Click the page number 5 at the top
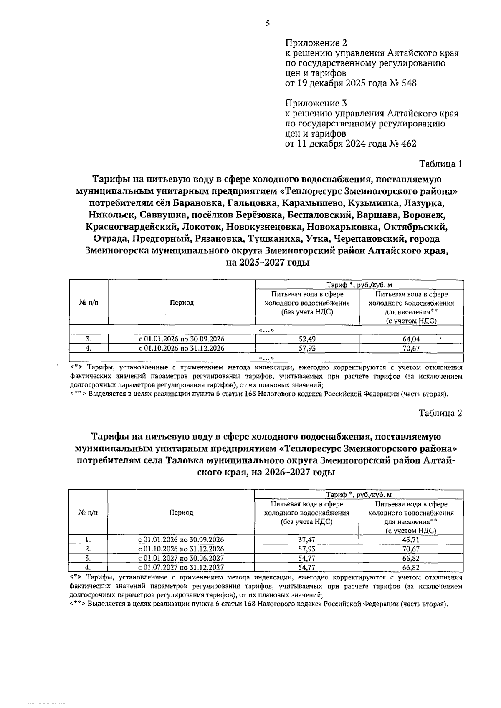coord(267,24)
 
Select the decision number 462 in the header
coord(408,144)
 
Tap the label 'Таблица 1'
coord(440,164)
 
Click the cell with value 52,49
coord(307,339)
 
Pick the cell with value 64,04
coord(411,339)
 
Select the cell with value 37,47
coord(306,540)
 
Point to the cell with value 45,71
coord(411,540)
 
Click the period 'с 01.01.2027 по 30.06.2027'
coord(181,558)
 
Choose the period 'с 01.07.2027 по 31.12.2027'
coord(181,567)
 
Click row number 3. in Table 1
coord(88,339)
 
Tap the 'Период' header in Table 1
coord(182,303)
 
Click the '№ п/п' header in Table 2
coord(88,512)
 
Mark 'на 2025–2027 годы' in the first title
coord(268,263)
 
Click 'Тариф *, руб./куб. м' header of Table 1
coord(359,285)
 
